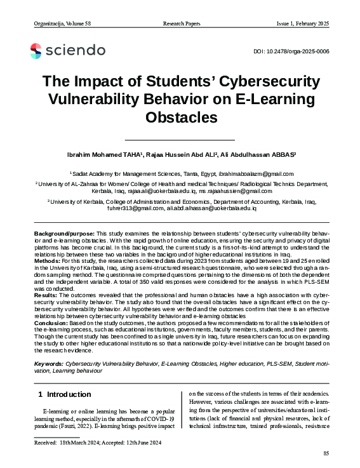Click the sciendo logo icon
tap(36, 50)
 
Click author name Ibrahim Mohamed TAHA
tap(105, 155)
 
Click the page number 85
tap(326, 453)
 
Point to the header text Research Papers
tap(180, 23)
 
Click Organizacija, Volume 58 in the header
tap(62, 23)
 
